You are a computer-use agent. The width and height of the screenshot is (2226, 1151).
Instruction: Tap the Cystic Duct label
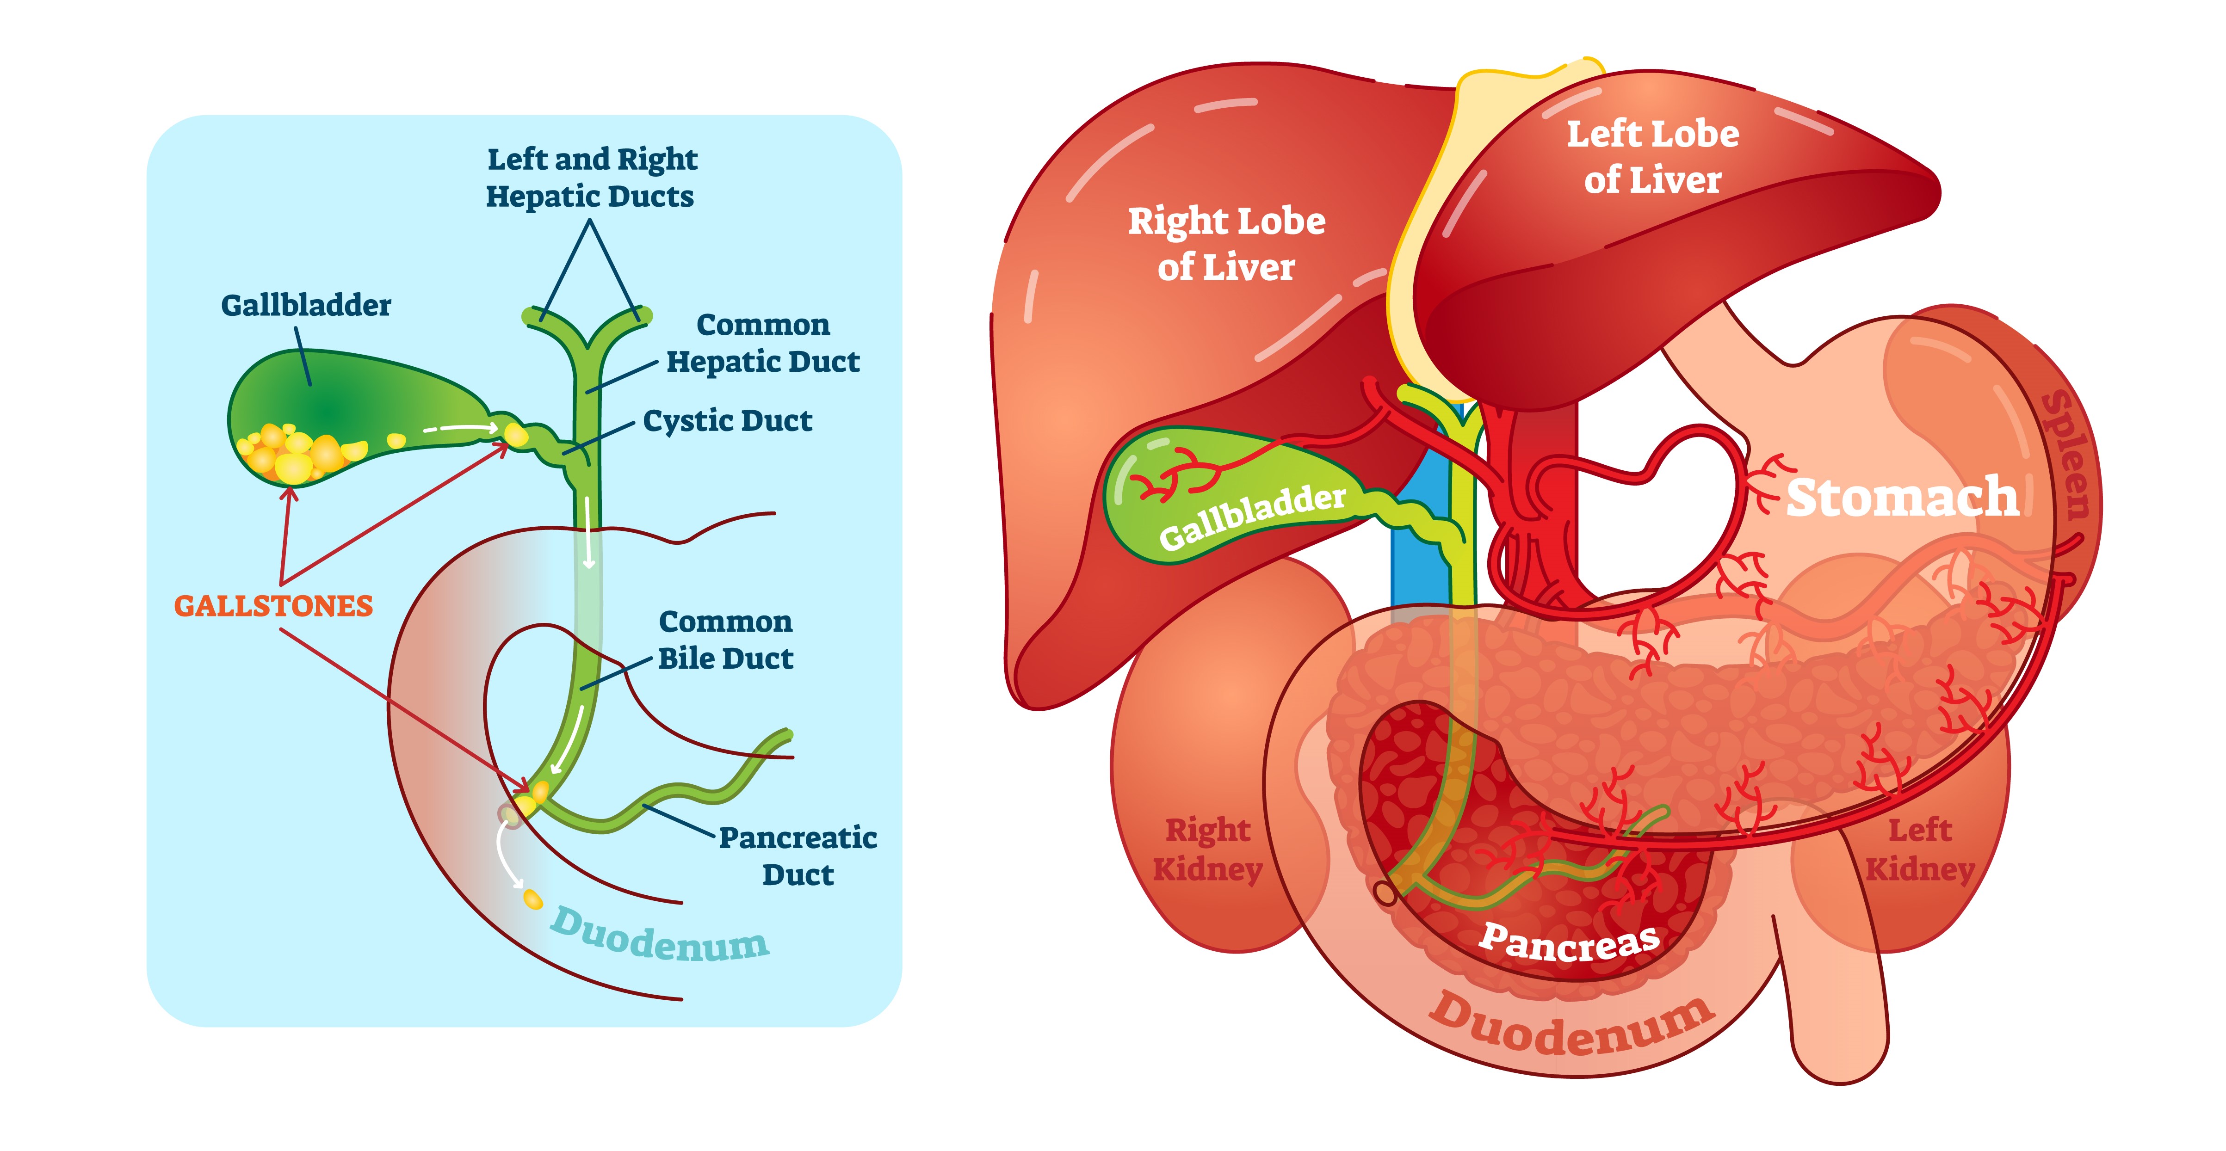coord(728,421)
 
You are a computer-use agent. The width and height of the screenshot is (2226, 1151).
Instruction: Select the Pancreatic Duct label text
coord(798,856)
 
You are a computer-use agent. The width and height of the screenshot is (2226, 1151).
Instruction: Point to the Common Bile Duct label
coord(725,640)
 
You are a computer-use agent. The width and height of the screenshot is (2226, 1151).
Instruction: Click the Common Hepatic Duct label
coord(763,343)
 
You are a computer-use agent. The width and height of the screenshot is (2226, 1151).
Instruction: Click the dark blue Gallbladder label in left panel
coord(306,305)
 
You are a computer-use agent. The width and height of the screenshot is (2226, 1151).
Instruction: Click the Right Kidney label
coord(1207,849)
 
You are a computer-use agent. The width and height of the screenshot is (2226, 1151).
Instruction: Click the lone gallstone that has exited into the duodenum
coord(534,899)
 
